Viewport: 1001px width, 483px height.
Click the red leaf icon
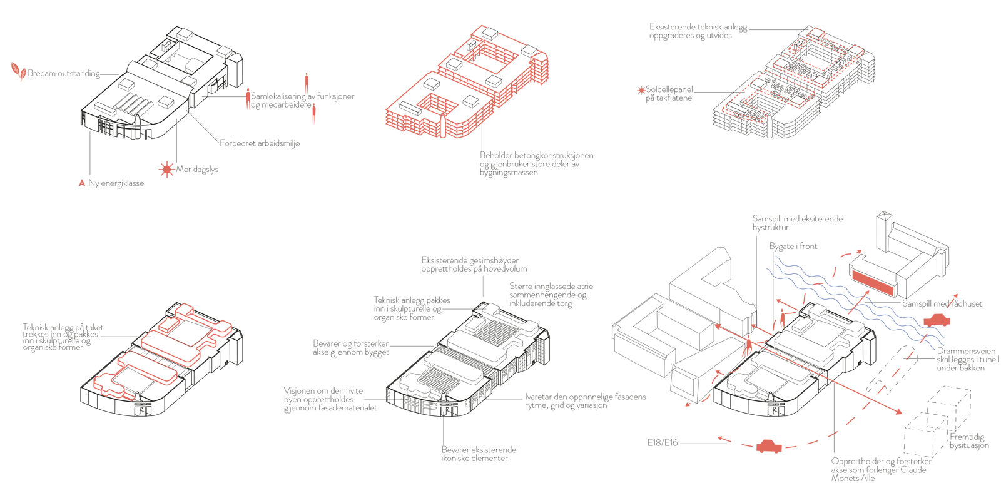(18, 71)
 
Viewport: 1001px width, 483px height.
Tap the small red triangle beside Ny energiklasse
(81, 183)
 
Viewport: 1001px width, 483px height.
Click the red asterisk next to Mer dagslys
(166, 169)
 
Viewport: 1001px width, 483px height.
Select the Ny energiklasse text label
(116, 184)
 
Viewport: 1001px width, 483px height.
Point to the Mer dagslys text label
(199, 170)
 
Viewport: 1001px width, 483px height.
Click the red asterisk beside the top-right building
(641, 90)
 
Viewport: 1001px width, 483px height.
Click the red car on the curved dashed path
(768, 447)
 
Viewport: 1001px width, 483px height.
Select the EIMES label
(662, 442)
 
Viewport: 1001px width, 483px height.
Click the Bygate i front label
(793, 247)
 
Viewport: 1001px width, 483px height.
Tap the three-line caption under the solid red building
(536, 163)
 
